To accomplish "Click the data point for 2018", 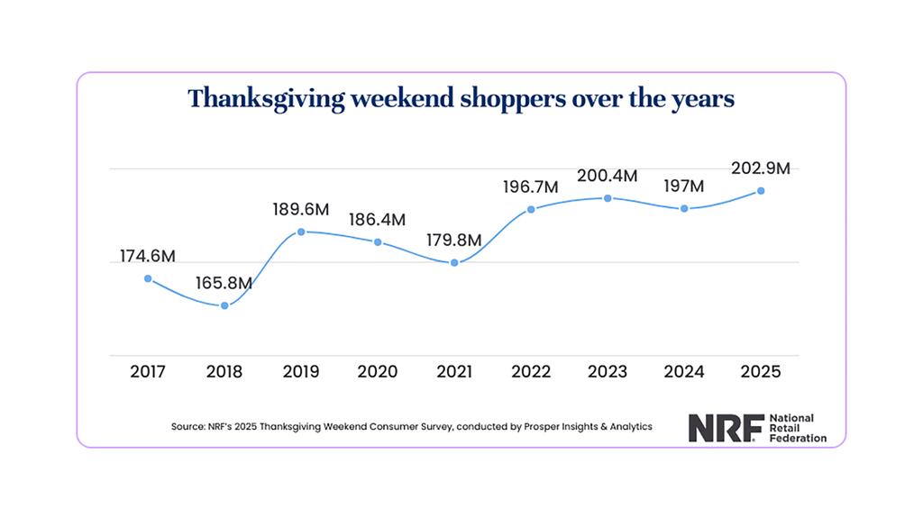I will click(224, 306).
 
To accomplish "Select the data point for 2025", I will click(761, 191).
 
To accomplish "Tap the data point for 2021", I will click(454, 263).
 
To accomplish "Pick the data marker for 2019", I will click(301, 232).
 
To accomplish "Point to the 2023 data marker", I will click(608, 198).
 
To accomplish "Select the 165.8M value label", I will click(224, 284).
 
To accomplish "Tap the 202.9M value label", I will click(761, 168).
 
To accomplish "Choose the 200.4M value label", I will click(608, 176).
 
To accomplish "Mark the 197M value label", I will click(684, 186).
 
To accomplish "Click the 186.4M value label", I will click(377, 219).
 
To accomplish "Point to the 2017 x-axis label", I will click(148, 371).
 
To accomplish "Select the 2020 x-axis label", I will click(378, 371).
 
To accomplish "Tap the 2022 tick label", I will click(531, 371).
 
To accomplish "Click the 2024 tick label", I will click(684, 371).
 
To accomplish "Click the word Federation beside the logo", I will click(792, 438).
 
